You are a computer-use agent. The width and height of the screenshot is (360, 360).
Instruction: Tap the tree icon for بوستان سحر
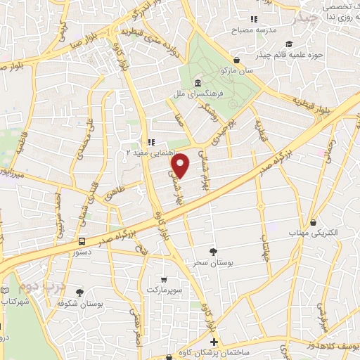pos(214,251)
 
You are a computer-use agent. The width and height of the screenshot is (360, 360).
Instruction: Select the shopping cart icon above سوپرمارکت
pos(163,279)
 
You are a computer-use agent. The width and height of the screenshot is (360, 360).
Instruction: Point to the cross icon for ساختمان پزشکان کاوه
pos(214,342)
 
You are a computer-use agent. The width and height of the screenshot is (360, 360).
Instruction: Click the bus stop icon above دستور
pos(82,240)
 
